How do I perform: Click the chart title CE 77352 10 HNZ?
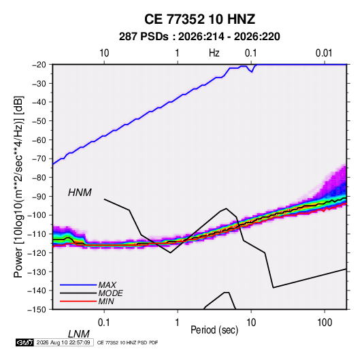coord(199,19)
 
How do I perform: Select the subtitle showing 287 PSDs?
coord(199,37)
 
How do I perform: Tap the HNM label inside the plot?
coord(80,193)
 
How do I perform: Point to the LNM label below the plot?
coord(79,334)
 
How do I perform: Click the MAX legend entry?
coord(107,285)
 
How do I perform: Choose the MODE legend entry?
coord(110,293)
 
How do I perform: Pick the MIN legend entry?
coord(106,301)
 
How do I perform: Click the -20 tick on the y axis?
coord(39,65)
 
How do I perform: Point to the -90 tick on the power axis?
coord(39,197)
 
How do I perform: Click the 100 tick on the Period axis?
coord(325,323)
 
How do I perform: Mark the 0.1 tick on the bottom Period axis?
coord(104,323)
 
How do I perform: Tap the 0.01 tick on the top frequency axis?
coord(324,53)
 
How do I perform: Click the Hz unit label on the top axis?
coord(214,53)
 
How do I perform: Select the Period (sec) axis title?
coord(214,330)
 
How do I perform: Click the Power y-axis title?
coord(18,187)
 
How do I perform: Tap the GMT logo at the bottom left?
coord(25,342)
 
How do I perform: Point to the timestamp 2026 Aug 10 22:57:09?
coord(63,342)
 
